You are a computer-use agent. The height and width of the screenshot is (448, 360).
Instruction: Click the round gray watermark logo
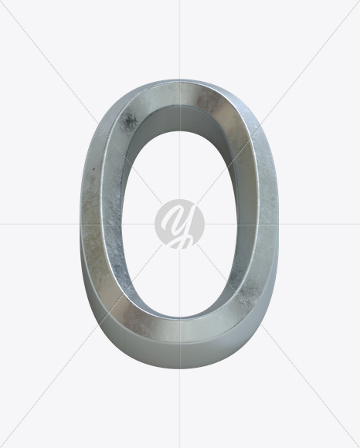(179, 224)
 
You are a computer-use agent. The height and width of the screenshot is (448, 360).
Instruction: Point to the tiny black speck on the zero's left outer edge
(93, 170)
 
